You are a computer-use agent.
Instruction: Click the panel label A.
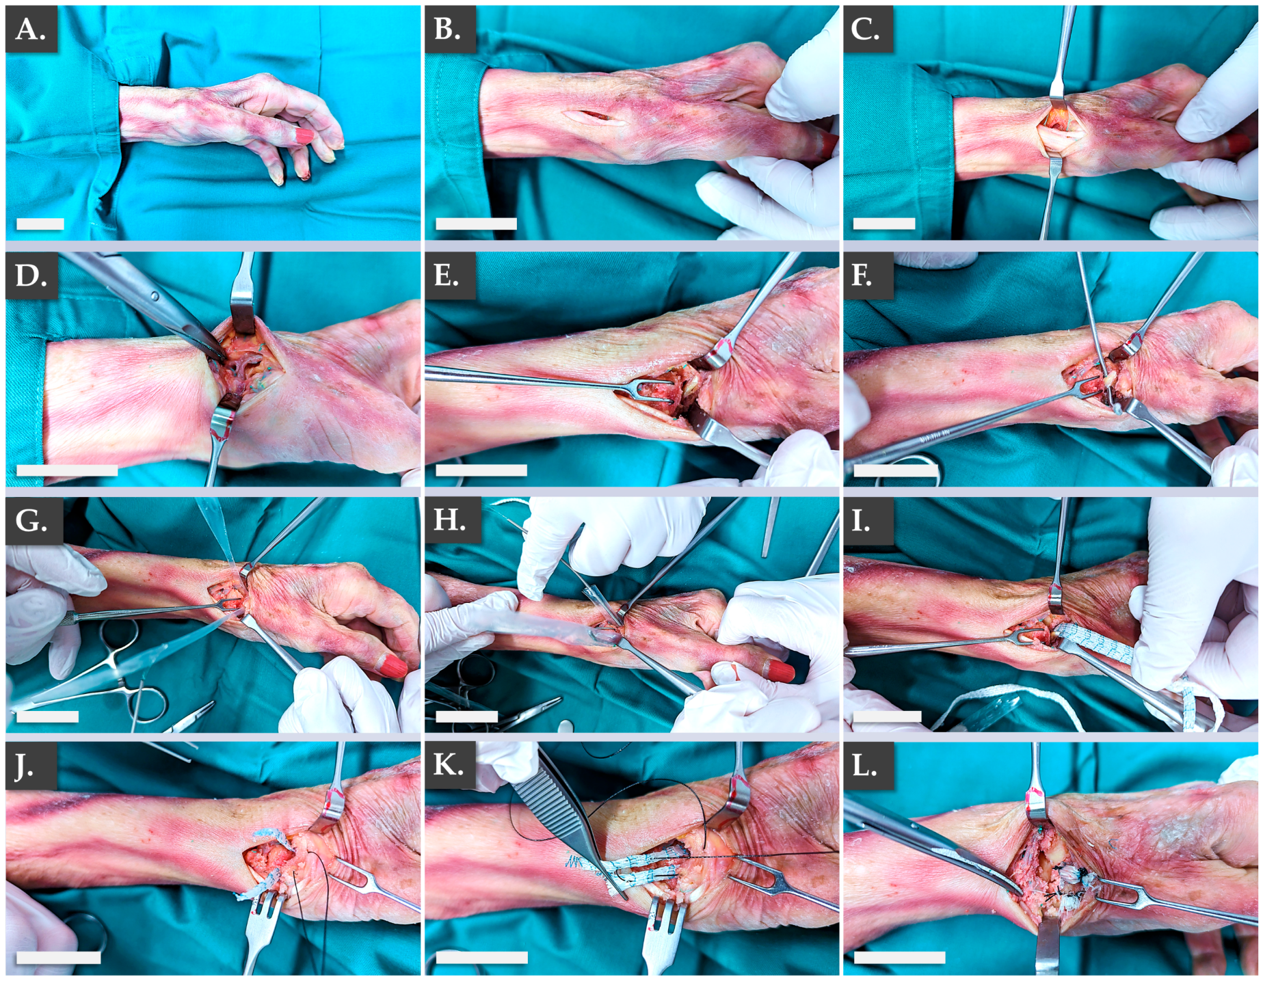coord(31,29)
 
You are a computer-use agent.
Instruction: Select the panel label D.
coord(31,276)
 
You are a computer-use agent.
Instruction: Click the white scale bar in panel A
coord(40,224)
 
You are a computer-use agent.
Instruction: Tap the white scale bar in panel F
coord(895,470)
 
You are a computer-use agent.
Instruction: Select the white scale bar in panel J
coord(58,958)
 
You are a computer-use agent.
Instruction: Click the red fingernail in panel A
coord(304,137)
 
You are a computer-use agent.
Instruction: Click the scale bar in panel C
coord(884,224)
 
